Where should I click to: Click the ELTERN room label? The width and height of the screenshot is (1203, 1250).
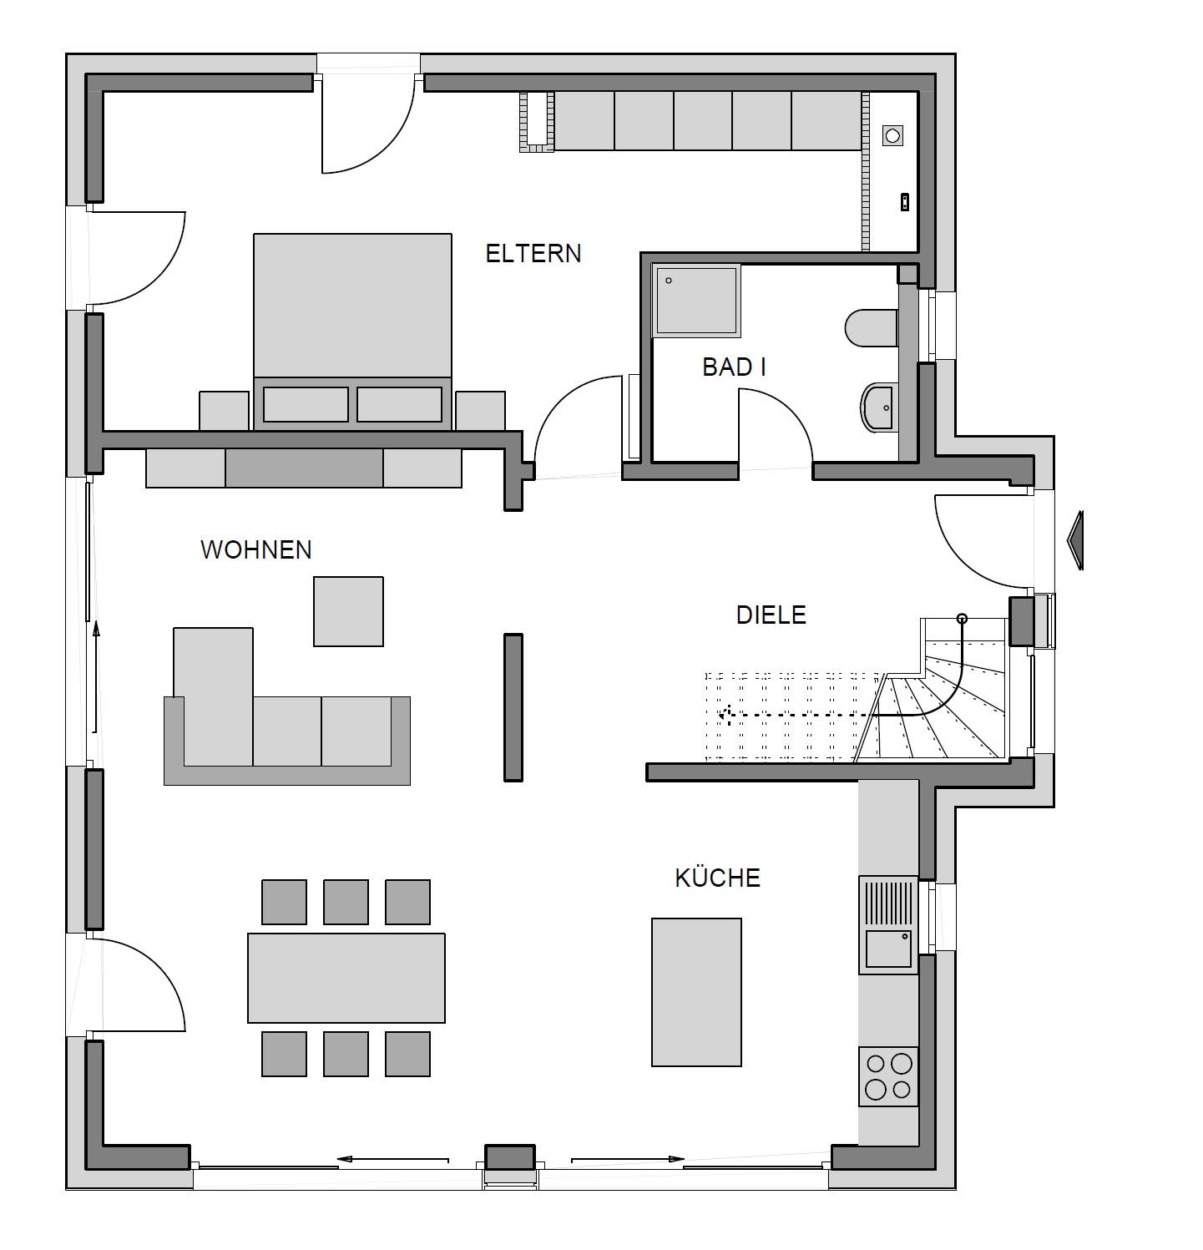coord(533,253)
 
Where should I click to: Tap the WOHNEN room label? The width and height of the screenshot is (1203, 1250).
coord(256,549)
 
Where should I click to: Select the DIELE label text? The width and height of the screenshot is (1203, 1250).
coord(771,615)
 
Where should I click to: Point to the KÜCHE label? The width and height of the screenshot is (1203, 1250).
coord(718,878)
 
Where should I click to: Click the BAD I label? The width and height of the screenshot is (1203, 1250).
coord(735,367)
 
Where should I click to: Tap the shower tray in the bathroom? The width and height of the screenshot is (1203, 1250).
coord(697,300)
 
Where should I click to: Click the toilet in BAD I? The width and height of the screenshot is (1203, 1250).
coord(872,329)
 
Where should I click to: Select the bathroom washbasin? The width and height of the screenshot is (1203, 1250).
coord(877,407)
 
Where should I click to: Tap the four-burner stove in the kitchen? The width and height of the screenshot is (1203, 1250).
coord(888,1076)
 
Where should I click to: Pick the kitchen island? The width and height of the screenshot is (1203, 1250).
coord(696,992)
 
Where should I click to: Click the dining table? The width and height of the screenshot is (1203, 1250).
coord(346,978)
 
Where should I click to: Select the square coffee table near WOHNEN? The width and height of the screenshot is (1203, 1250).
coord(349,611)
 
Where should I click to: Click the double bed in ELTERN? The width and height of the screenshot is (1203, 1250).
coord(352,331)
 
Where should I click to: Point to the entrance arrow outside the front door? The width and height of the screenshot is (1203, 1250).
coord(1075,541)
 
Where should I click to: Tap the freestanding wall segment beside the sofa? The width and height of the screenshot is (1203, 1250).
coord(513,707)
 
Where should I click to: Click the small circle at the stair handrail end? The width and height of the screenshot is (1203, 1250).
coord(962,619)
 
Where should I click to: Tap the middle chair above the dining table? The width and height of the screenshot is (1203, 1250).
coord(346,902)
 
